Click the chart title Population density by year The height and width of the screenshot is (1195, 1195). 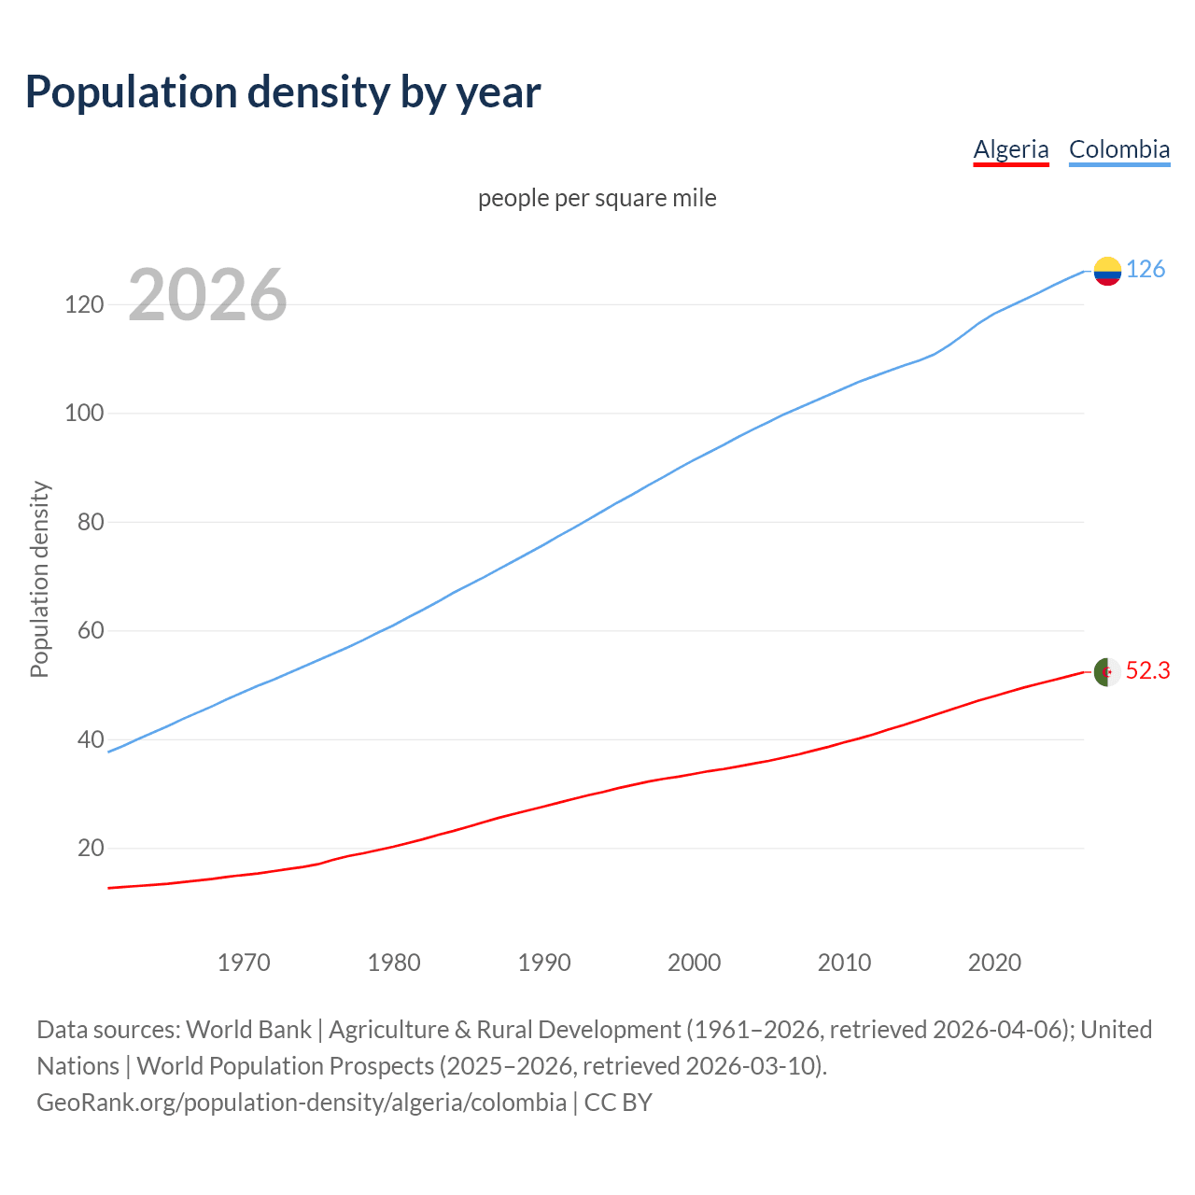[x=283, y=92]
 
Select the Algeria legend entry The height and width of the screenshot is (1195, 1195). [x=1011, y=149]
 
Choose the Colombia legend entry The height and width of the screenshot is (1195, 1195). [x=1118, y=149]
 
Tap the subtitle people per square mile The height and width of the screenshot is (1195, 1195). [x=597, y=198]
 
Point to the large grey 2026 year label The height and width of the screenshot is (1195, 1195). [x=207, y=295]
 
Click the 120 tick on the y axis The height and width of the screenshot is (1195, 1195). [x=83, y=304]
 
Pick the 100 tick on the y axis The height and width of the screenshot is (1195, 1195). [x=83, y=413]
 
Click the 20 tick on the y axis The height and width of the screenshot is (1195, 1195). [x=90, y=848]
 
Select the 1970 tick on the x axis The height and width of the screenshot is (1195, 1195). [x=244, y=963]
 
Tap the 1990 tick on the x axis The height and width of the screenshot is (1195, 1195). [x=544, y=963]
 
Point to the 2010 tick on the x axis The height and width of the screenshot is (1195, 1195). [x=844, y=963]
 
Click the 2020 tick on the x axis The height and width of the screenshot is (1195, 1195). [x=994, y=963]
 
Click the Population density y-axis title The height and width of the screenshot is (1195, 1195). [x=39, y=579]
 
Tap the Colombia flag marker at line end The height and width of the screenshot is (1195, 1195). [x=1107, y=271]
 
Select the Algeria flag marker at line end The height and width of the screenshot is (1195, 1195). [x=1107, y=671]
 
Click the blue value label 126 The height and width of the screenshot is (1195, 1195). [x=1146, y=270]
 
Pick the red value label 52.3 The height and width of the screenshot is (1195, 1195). [x=1147, y=671]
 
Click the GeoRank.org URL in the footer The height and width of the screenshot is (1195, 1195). [x=301, y=1103]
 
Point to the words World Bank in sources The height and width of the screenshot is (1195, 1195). [x=248, y=1030]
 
